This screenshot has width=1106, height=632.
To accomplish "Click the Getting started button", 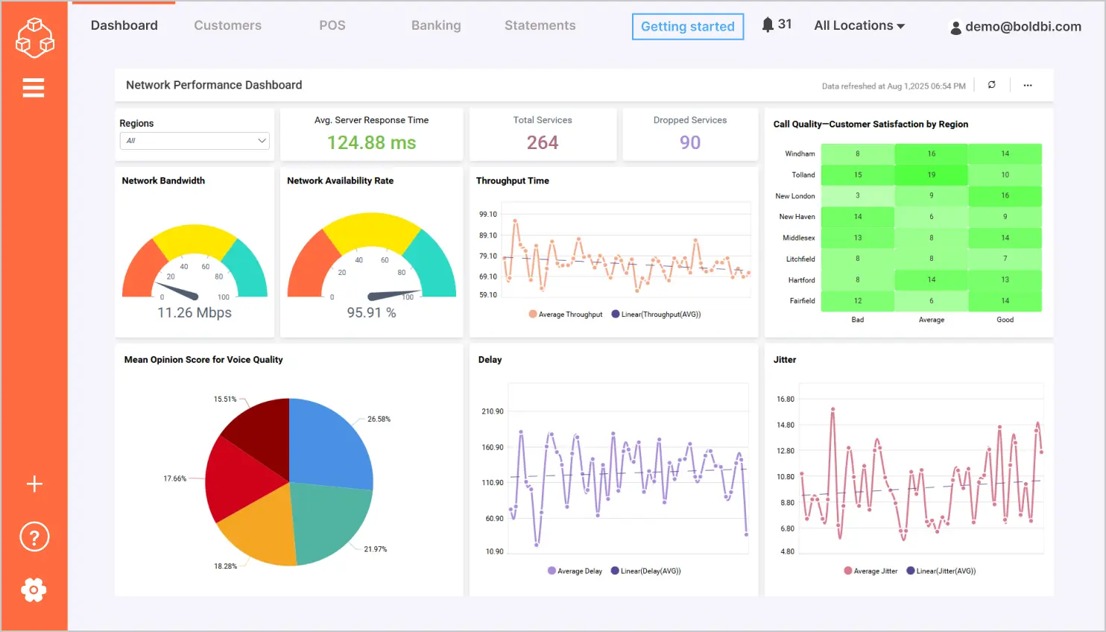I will [687, 27].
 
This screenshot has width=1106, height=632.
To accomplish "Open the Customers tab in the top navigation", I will [227, 25].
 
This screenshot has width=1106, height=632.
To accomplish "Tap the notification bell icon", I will [768, 25].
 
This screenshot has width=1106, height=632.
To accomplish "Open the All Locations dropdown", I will [859, 25].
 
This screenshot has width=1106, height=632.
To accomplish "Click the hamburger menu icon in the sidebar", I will [34, 88].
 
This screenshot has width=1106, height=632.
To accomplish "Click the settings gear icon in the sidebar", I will [34, 590].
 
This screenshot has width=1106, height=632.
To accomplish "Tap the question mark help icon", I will [34, 537].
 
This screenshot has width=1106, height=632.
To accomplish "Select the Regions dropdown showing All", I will [195, 141].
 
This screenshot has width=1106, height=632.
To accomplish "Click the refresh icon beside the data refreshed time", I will [992, 85].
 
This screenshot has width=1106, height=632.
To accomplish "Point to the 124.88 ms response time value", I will [371, 142].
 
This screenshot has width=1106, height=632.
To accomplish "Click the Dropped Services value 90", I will [690, 142].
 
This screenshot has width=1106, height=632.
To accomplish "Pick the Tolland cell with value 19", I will [931, 175].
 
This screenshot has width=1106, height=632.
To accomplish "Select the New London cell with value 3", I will [858, 196].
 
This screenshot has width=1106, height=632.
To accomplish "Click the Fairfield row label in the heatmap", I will [802, 301].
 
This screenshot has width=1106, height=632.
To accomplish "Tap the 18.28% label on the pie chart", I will [225, 566].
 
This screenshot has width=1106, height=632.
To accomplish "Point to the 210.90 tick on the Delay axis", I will [492, 411].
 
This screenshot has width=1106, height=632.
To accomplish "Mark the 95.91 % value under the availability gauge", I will [371, 313].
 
